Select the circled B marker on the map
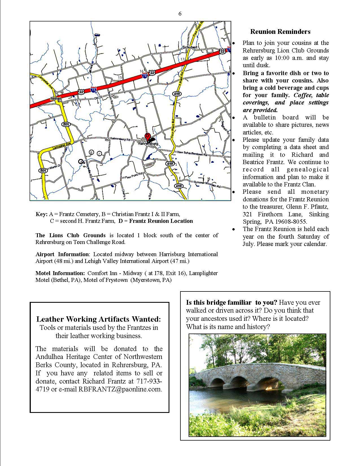(91, 153)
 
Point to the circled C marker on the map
(99, 154)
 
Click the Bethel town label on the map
(56, 99)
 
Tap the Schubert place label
(190, 47)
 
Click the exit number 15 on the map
(120, 77)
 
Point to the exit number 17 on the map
(182, 59)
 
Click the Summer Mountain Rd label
(208, 184)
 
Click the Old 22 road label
(99, 98)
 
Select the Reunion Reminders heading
(280, 32)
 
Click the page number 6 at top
(180, 14)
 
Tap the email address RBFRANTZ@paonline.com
(120, 389)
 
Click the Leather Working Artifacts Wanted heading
(99, 319)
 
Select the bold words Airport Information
(62, 254)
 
